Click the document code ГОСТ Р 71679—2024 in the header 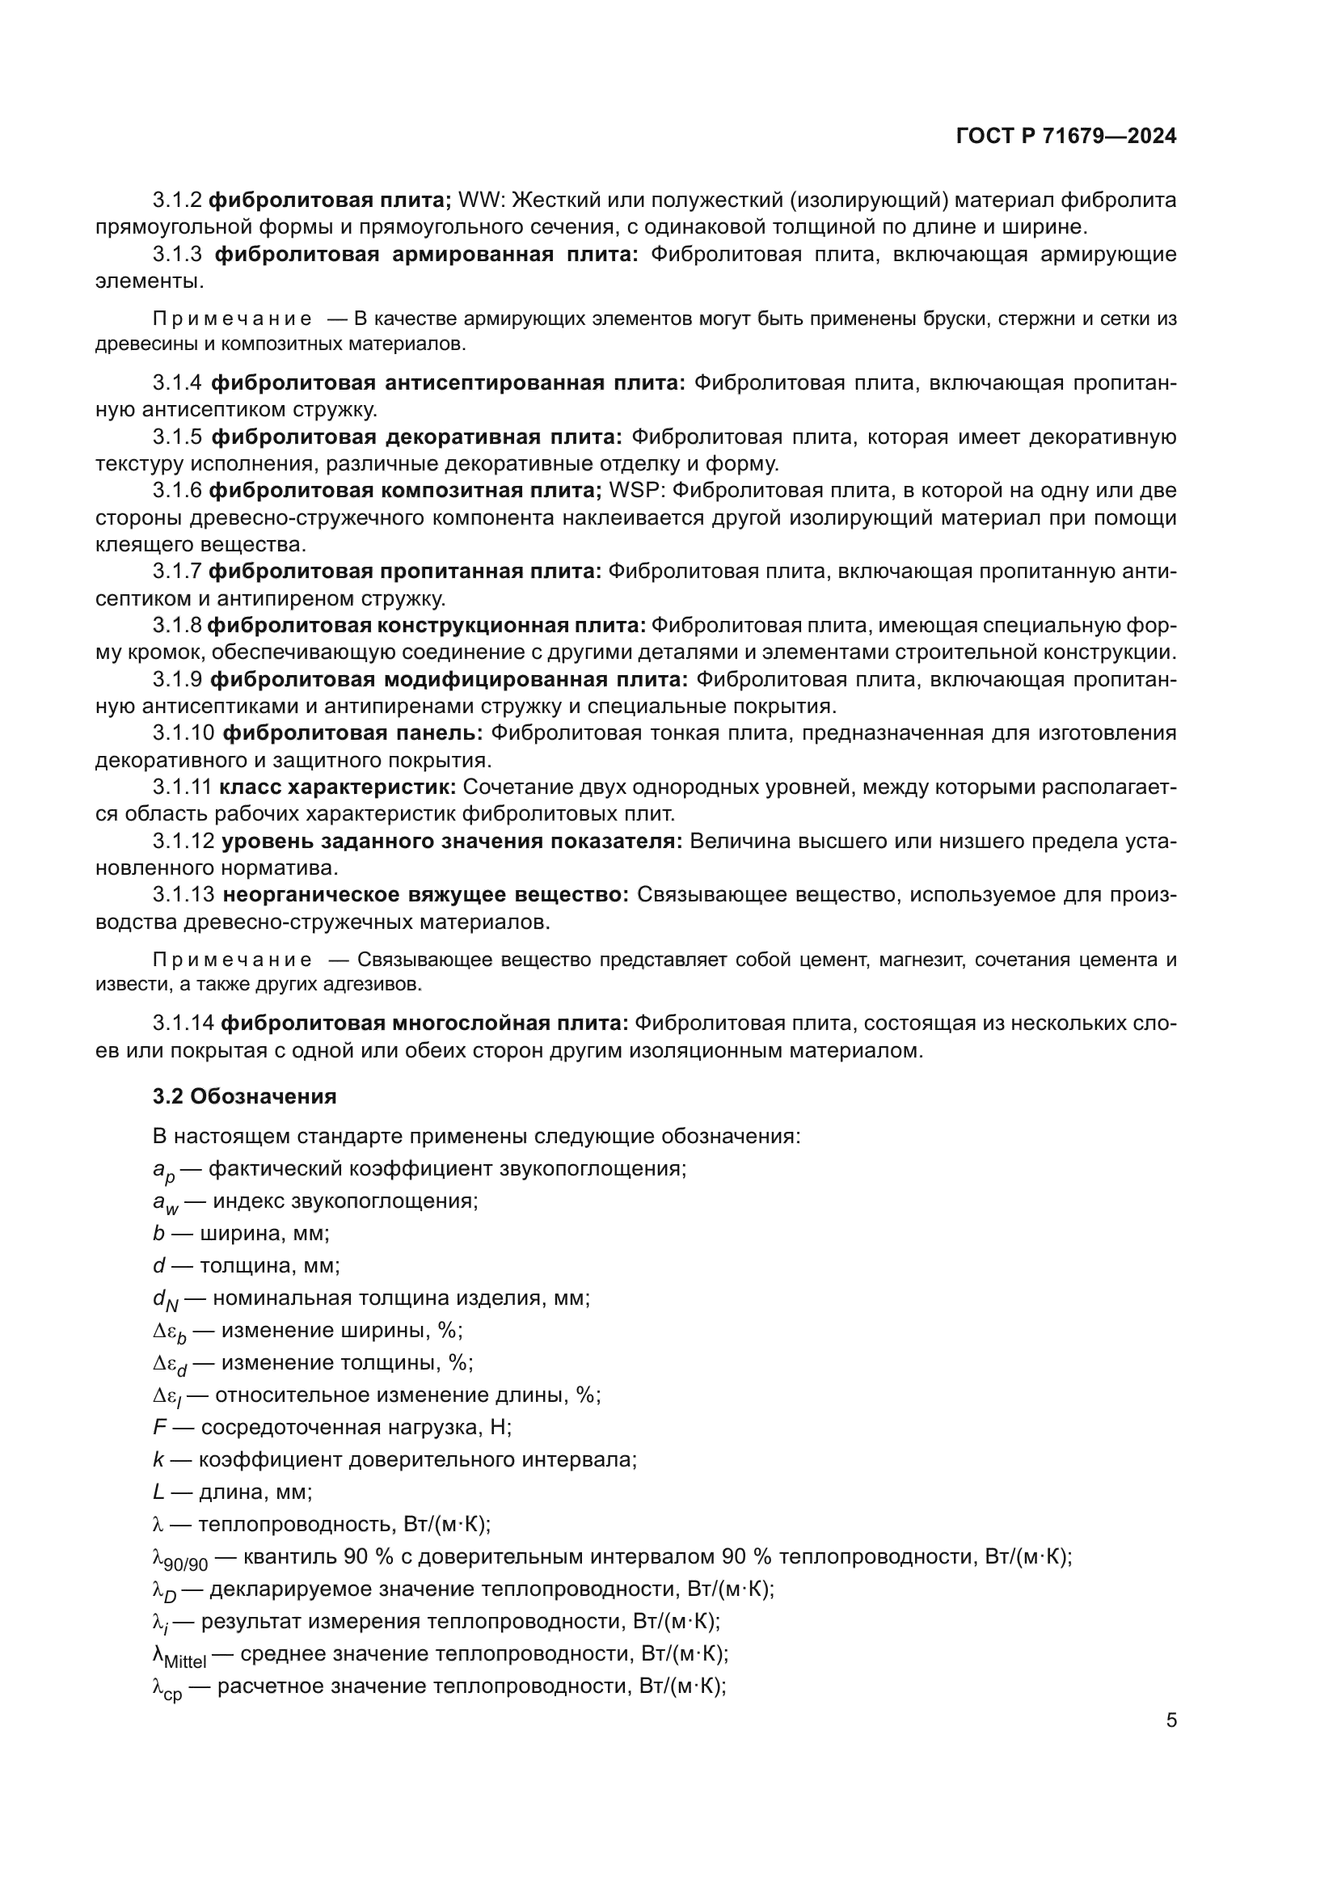pos(1066,137)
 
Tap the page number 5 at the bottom pos(1170,1720)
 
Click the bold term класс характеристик pos(338,787)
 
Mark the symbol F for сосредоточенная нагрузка pos(160,1427)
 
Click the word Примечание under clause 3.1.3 pos(232,319)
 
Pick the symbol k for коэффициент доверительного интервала pos(158,1460)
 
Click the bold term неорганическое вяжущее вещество pos(426,895)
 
